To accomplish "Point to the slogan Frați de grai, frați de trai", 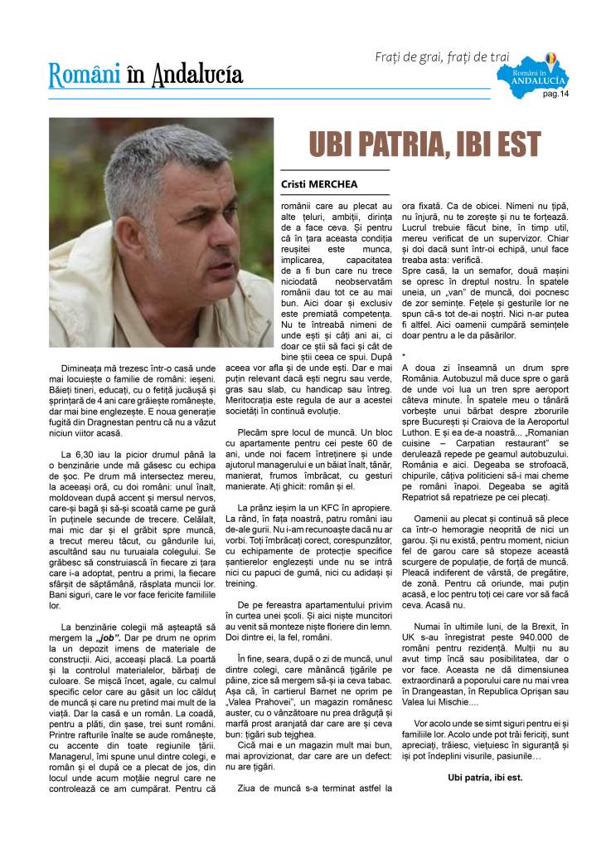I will tap(442, 57).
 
